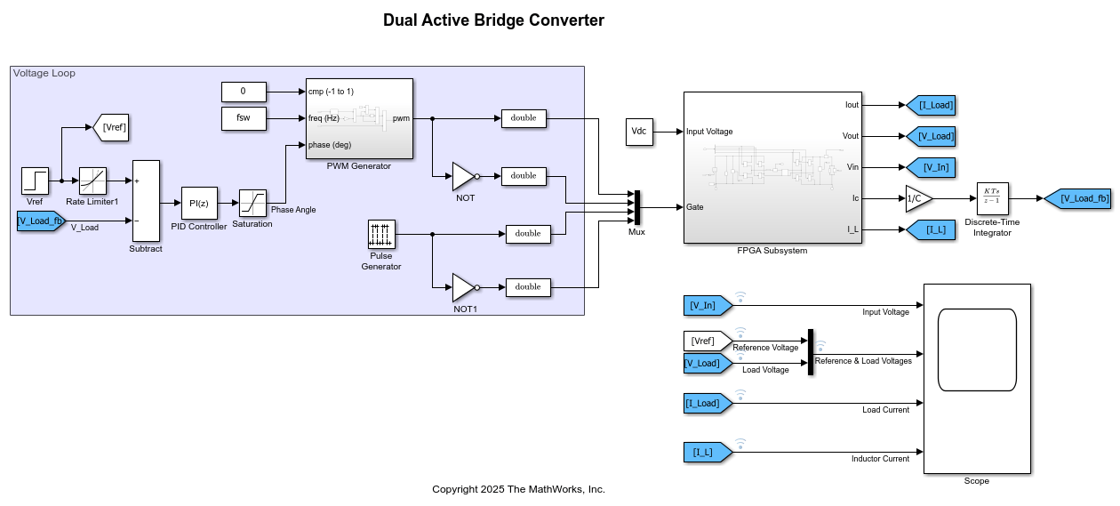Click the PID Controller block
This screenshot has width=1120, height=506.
coord(199,203)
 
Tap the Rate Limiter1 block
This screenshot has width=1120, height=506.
coord(92,181)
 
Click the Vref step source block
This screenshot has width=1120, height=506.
coord(35,181)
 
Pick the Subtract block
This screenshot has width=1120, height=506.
coord(146,201)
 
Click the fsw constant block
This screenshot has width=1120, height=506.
coord(244,118)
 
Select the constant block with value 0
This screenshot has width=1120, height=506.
coord(244,91)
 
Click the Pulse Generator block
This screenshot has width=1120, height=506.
coord(381,235)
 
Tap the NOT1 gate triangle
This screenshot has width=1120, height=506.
coord(464,287)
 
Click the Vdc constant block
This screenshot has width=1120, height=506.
coord(639,132)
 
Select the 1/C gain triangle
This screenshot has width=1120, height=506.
coord(918,199)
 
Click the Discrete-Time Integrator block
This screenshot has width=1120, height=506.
coord(993,199)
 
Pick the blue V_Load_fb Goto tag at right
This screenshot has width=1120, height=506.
coord(1077,199)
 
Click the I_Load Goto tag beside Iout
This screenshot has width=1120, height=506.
coord(931,105)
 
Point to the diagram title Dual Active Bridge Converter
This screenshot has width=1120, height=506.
coord(493,20)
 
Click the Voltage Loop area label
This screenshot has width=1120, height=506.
coord(44,73)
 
